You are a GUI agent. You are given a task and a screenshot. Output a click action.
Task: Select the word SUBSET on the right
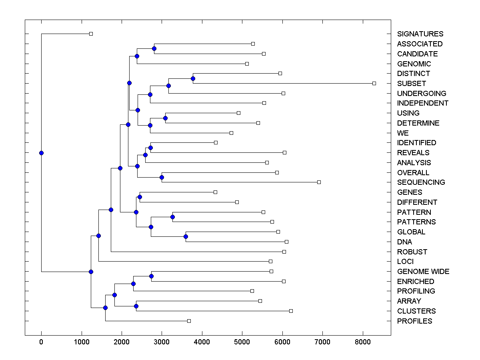[x=411, y=84]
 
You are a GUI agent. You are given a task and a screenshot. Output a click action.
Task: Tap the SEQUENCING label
[x=421, y=182]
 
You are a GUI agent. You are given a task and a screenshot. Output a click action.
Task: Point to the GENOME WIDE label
[x=423, y=272]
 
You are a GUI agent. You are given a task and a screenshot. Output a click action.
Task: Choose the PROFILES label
[x=414, y=321]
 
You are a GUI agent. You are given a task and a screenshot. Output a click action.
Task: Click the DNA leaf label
[x=404, y=242]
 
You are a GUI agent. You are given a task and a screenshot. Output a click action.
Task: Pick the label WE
[x=403, y=133]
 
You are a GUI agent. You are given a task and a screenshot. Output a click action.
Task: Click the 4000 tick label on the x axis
[x=202, y=341]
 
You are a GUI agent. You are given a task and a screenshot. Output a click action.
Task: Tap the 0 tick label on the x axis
[x=41, y=341]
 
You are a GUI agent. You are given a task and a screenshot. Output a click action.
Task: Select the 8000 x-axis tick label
[x=363, y=341]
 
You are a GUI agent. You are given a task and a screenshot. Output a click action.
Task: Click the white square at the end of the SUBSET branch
[x=374, y=83]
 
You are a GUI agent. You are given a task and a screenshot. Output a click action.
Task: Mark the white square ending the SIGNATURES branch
[x=91, y=34]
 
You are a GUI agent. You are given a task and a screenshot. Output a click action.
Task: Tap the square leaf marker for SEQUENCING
[x=319, y=182]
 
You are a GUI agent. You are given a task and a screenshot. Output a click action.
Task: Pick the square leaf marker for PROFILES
[x=189, y=321]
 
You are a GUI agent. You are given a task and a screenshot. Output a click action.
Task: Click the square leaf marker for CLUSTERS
[x=291, y=311]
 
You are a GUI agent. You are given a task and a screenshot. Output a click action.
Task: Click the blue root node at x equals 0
[x=41, y=153]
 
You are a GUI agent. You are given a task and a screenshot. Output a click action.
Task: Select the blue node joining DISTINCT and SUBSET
[x=193, y=78]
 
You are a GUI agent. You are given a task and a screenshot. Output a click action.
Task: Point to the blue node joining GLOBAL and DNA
[x=186, y=236]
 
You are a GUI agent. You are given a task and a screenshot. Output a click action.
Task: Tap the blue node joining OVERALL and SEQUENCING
[x=162, y=177]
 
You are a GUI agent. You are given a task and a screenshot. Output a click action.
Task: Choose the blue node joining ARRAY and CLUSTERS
[x=136, y=306]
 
